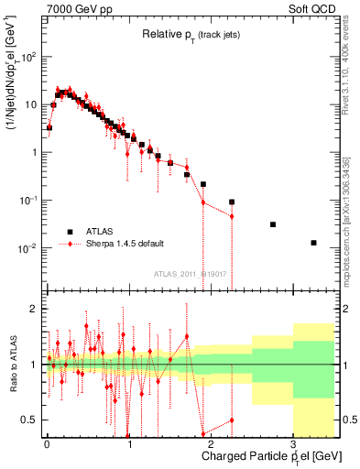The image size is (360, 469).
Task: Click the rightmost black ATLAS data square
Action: pyautogui.click(x=313, y=243)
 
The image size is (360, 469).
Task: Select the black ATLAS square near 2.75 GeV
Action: pyautogui.click(x=272, y=224)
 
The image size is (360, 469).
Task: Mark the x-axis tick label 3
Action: pyautogui.click(x=293, y=442)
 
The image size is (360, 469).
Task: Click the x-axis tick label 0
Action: pyautogui.click(x=47, y=442)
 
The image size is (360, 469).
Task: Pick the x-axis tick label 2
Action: pyautogui.click(x=211, y=442)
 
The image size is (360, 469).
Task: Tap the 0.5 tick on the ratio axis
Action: pyautogui.click(x=29, y=420)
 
